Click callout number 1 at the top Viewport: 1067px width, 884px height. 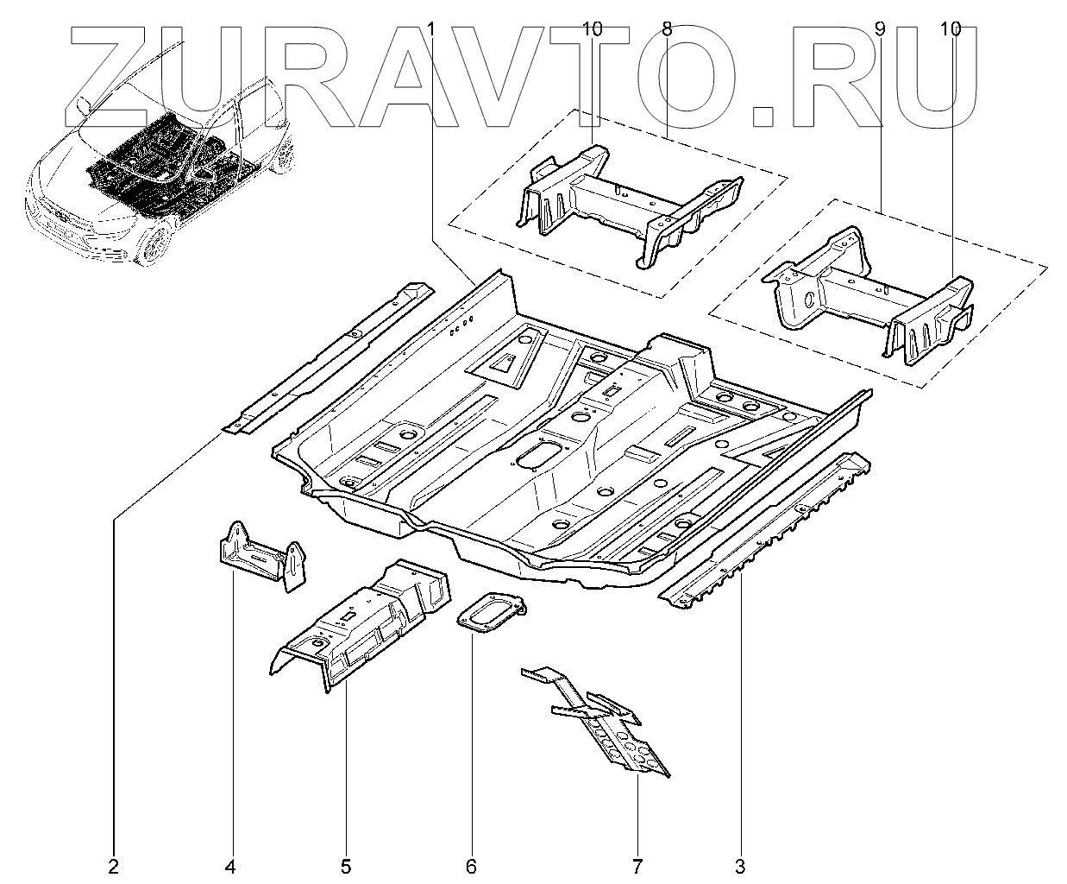point(431,29)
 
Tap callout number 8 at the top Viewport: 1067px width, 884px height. point(667,29)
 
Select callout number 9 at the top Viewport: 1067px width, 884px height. point(880,29)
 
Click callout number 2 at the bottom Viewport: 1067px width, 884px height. point(113,865)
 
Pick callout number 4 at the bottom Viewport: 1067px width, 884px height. point(230,865)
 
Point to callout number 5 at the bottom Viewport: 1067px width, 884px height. point(346,865)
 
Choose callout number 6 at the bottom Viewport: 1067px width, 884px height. point(471,865)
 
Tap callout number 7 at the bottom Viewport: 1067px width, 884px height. point(637,865)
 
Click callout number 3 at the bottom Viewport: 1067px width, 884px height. point(740,865)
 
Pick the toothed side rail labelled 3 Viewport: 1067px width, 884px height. point(768,527)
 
